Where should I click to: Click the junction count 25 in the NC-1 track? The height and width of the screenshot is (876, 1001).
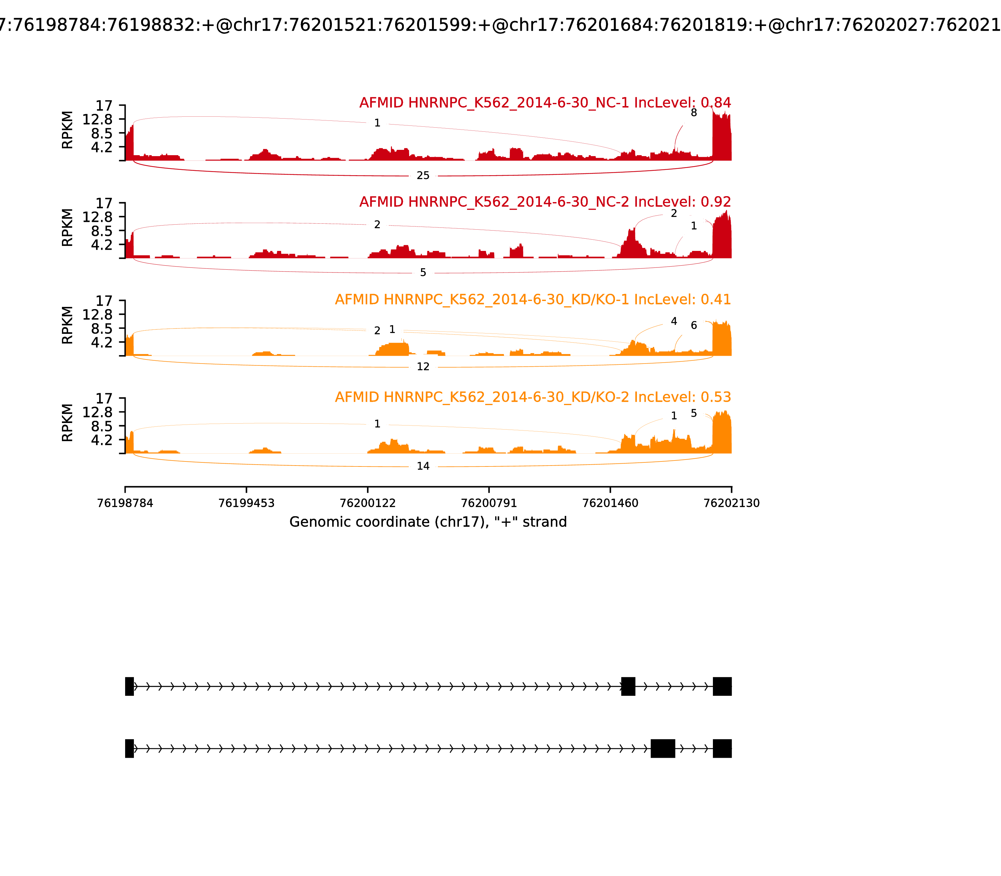423,176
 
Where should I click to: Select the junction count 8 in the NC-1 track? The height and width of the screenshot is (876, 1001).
694,113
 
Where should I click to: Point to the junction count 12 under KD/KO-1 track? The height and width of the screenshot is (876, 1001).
423,367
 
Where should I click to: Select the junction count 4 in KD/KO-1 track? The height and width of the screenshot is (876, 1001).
673,322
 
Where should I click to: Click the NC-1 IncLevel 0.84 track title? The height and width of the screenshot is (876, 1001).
545,103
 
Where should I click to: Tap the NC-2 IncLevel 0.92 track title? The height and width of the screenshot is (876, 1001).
545,202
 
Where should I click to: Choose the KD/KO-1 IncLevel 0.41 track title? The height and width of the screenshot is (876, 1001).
533,300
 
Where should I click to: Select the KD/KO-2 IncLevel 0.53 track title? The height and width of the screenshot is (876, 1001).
533,397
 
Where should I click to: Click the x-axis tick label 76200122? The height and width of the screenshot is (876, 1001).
368,503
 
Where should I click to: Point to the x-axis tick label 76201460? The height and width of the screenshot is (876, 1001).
610,503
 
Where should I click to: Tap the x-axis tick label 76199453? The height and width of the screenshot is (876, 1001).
246,503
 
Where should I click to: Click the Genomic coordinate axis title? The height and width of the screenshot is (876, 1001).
428,522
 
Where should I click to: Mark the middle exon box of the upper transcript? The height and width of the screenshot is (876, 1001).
628,686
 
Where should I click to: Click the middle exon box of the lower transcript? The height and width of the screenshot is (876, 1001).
663,748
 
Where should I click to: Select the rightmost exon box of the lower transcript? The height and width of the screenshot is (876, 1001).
722,748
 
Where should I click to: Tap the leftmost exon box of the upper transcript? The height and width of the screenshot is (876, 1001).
130,686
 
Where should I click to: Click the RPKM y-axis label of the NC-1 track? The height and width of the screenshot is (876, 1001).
68,130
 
